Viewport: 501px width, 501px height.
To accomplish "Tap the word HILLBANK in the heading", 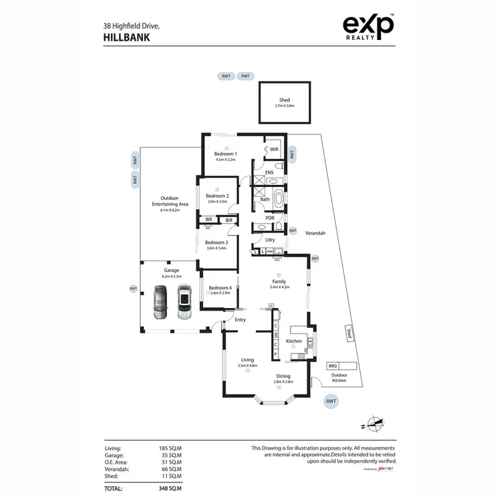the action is pyautogui.click(x=126, y=38).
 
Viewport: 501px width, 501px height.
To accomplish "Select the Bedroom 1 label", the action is pyautogui.click(x=226, y=154).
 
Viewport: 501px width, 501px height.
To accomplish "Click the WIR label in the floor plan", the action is pyautogui.click(x=275, y=149).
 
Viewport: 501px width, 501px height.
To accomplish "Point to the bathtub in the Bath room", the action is pyautogui.click(x=277, y=200).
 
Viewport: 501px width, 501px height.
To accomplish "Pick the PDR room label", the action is pyautogui.click(x=270, y=217).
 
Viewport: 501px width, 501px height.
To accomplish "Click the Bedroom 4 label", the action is pyautogui.click(x=220, y=288).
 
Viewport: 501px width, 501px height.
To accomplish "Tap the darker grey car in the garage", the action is pyautogui.click(x=160, y=303).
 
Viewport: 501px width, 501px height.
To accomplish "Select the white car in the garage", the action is pyautogui.click(x=184, y=303).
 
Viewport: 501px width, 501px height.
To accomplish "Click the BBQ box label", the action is pyautogui.click(x=333, y=365).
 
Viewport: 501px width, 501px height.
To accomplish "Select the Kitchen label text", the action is pyautogui.click(x=294, y=341).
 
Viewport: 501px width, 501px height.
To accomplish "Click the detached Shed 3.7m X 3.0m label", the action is pyautogui.click(x=285, y=103).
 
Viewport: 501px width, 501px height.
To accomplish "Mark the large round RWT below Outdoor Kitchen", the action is pyautogui.click(x=331, y=401).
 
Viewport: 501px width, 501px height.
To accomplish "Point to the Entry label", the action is pyautogui.click(x=240, y=320).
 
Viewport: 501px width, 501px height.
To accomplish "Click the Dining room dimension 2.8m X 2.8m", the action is pyautogui.click(x=284, y=381).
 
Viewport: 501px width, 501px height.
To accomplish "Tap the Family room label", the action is pyautogui.click(x=279, y=282).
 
